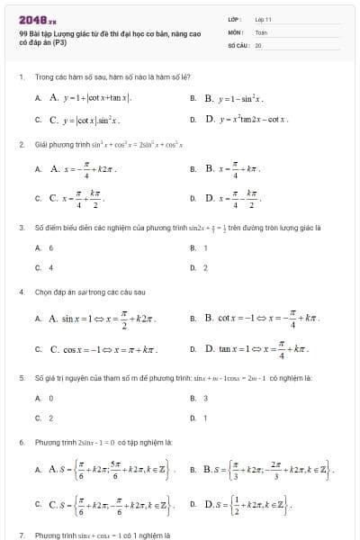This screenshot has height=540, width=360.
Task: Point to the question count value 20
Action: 258,43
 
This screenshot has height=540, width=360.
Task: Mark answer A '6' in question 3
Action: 50,247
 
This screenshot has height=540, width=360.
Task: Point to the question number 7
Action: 21,535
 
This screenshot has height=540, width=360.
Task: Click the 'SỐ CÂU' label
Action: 236,43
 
